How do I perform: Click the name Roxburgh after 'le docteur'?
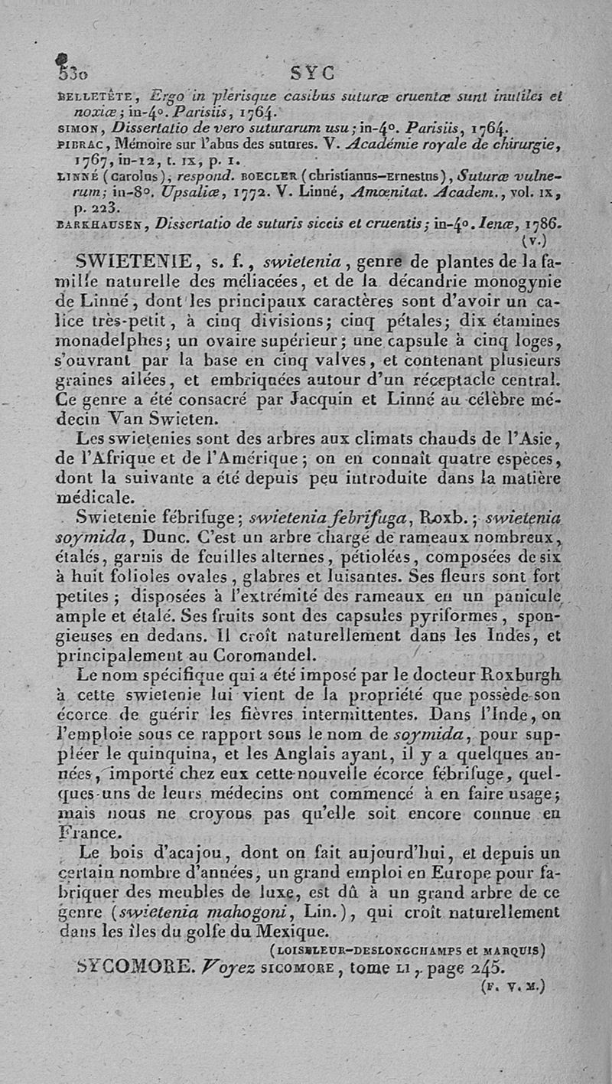click(x=516, y=675)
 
